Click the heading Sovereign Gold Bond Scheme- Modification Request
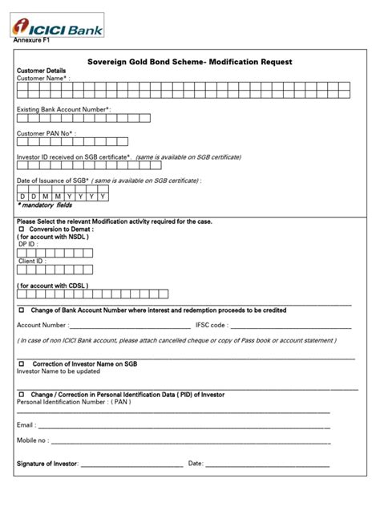(x=189, y=62)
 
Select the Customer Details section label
(x=41, y=71)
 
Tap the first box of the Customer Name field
(x=23, y=92)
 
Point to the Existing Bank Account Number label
(x=64, y=107)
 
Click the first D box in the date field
(x=22, y=196)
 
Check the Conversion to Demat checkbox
(x=22, y=229)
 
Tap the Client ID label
(x=32, y=262)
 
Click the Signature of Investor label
(x=46, y=464)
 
